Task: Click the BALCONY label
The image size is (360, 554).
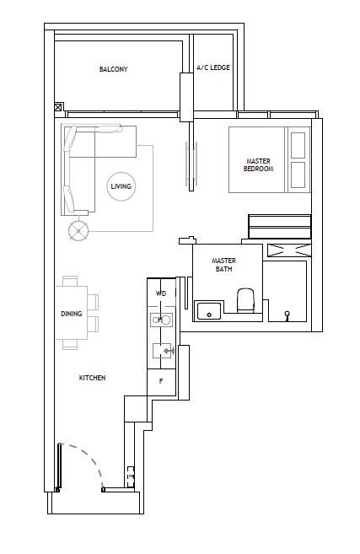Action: click(113, 69)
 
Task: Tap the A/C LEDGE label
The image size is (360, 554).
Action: click(213, 67)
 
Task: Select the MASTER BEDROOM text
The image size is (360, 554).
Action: click(258, 165)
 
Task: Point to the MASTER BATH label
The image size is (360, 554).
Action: click(223, 265)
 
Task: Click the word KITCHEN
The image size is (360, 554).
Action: click(92, 378)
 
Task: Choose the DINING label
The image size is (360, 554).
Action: click(71, 314)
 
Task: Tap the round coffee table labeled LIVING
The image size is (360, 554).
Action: click(121, 186)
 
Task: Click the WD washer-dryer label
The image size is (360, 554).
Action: click(161, 293)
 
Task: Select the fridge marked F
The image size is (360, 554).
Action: click(161, 382)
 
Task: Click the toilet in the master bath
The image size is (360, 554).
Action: click(245, 300)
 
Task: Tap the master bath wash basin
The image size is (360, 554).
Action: click(209, 311)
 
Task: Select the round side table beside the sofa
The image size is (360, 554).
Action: click(78, 231)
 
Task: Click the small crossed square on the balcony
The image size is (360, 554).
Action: click(58, 107)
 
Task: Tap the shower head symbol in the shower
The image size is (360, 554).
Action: click(287, 315)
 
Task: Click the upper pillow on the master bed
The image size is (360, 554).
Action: click(298, 145)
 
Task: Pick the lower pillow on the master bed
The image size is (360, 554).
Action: click(298, 175)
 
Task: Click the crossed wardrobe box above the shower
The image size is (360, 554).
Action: click(289, 250)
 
